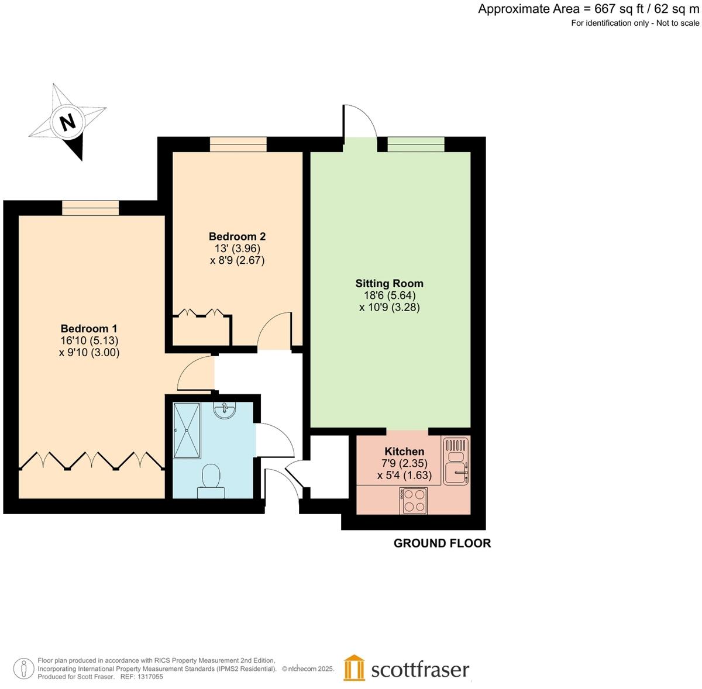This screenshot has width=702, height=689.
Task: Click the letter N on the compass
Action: tap(68, 122)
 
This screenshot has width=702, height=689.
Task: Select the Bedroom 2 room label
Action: tap(237, 236)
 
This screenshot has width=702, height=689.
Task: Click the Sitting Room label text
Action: tap(389, 284)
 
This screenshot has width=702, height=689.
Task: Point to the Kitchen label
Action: tap(404, 452)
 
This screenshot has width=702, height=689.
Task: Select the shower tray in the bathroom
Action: tap(187, 430)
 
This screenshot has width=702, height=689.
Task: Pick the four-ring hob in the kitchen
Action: tap(414, 501)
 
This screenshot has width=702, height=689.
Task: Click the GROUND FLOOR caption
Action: tap(442, 543)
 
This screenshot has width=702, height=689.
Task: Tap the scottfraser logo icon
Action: tap(354, 669)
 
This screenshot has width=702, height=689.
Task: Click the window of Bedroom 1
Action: tap(91, 208)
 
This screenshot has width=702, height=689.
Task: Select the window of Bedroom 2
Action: tap(238, 144)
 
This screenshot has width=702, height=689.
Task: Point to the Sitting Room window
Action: tap(415, 144)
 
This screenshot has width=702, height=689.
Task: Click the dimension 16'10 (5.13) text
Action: tap(89, 340)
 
